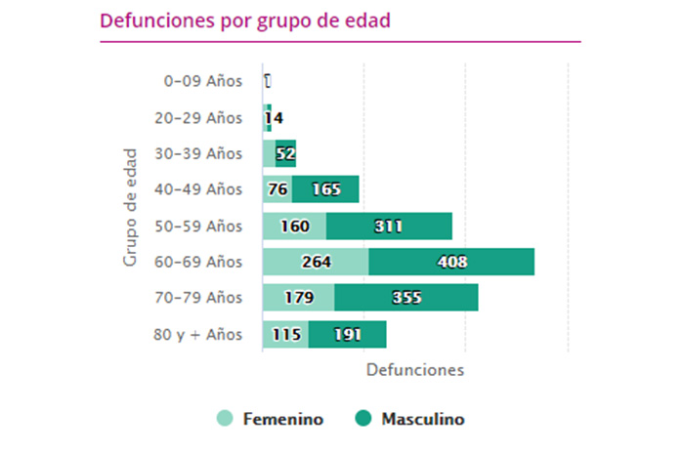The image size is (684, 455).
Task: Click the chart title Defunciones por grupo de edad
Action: coord(245,21)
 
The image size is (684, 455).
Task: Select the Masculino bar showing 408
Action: coord(451,262)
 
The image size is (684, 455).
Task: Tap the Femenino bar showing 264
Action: coord(316,262)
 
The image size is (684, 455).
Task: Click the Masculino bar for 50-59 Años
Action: coord(389,226)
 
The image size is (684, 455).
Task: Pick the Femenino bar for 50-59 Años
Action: coord(294,226)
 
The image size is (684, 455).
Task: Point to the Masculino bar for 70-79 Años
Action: coord(406,298)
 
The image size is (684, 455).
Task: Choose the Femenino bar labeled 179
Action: coord(298,298)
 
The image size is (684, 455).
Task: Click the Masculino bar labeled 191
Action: coord(347,334)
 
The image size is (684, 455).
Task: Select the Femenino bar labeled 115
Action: coord(285,334)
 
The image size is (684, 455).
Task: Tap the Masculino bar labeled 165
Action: coord(325,189)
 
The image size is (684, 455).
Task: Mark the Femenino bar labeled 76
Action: coord(278,189)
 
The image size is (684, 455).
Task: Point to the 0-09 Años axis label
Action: coord(202,81)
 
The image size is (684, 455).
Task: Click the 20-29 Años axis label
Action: coord(198,117)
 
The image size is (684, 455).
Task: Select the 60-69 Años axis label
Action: coord(198,262)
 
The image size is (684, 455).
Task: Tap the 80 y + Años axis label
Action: coord(197,334)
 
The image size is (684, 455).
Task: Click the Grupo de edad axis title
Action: coord(130,207)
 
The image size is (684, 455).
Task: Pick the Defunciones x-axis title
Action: coord(414,371)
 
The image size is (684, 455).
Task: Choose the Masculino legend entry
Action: coord(410,419)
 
